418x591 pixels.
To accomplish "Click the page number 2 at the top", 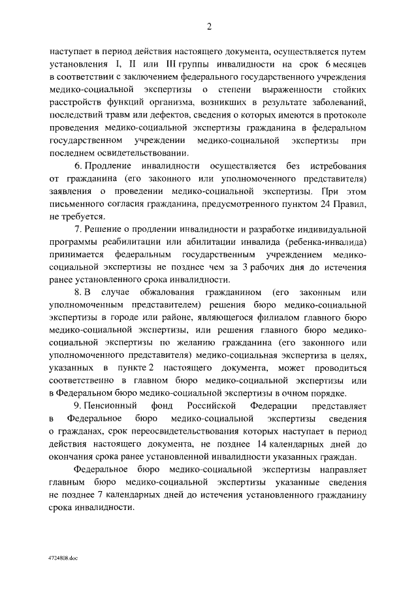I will click(209, 26).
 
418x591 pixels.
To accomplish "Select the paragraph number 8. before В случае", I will click(78, 291).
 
